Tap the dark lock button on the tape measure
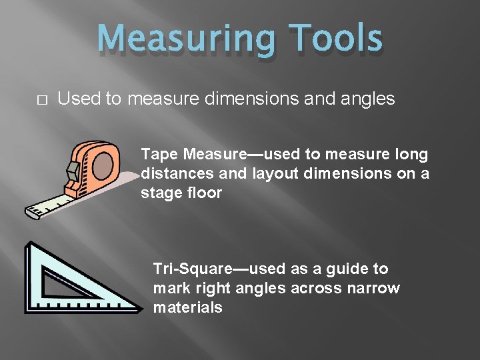[x=73, y=172]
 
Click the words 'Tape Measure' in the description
[x=193, y=155]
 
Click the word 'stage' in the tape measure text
[x=159, y=193]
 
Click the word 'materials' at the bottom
[x=187, y=307]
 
